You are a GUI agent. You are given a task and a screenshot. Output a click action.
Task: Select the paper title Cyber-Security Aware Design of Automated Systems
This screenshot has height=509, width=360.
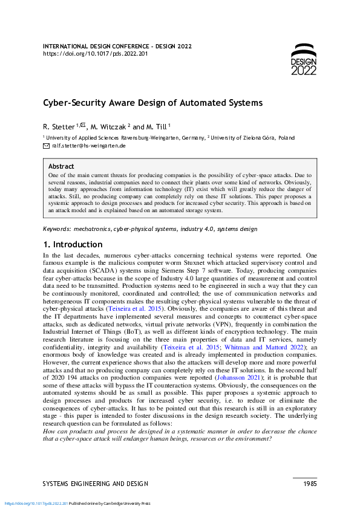pyautogui.click(x=152, y=103)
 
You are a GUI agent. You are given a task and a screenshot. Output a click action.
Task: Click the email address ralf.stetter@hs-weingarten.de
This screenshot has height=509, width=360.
pyautogui.click(x=88, y=146)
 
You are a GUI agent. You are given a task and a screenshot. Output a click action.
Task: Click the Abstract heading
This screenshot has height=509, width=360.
pyautogui.click(x=61, y=166)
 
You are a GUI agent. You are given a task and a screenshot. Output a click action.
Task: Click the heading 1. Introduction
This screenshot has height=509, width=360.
pyautogui.click(x=73, y=245)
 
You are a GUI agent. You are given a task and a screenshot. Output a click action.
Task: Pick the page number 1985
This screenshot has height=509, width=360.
pyautogui.click(x=309, y=484)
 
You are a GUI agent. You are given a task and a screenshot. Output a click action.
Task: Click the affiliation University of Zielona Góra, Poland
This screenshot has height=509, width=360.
pyautogui.click(x=253, y=138)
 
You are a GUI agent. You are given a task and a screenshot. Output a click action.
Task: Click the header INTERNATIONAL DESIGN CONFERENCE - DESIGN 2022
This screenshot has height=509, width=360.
pyautogui.click(x=118, y=46)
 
